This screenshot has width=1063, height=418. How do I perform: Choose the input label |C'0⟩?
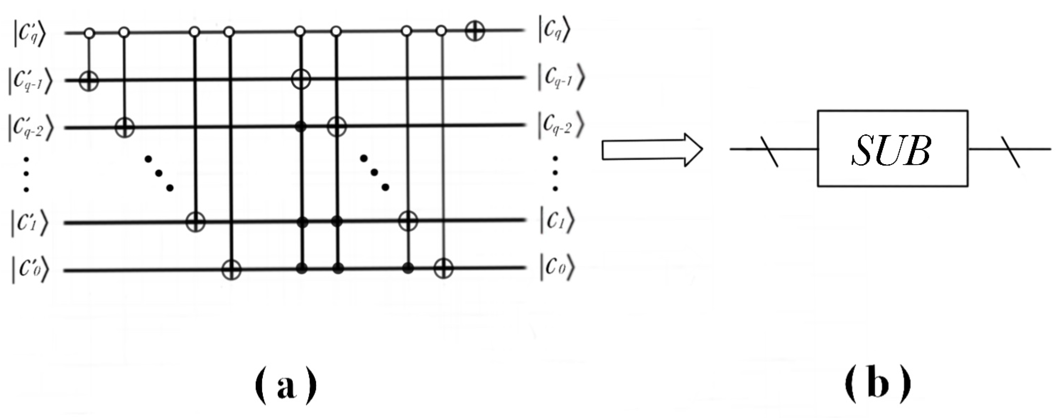coord(30,271)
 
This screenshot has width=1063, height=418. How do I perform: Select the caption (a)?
coord(286,386)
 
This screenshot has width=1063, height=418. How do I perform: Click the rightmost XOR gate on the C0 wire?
coord(443,269)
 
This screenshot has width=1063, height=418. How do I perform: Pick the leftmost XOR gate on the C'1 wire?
coord(195,223)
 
